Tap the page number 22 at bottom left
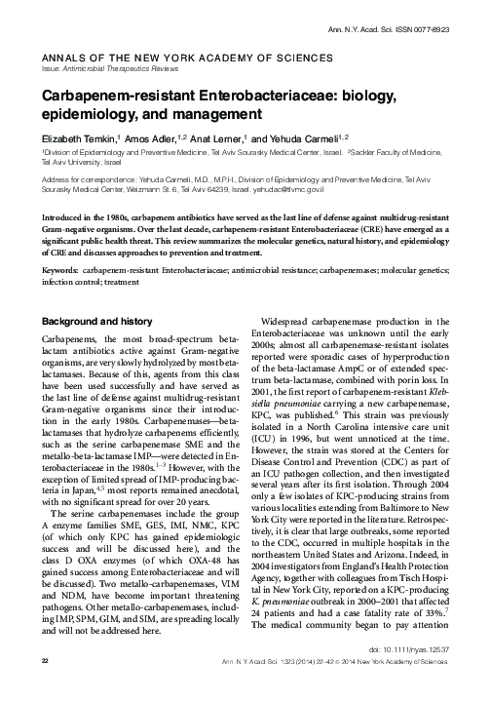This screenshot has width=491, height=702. pyautogui.click(x=44, y=687)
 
